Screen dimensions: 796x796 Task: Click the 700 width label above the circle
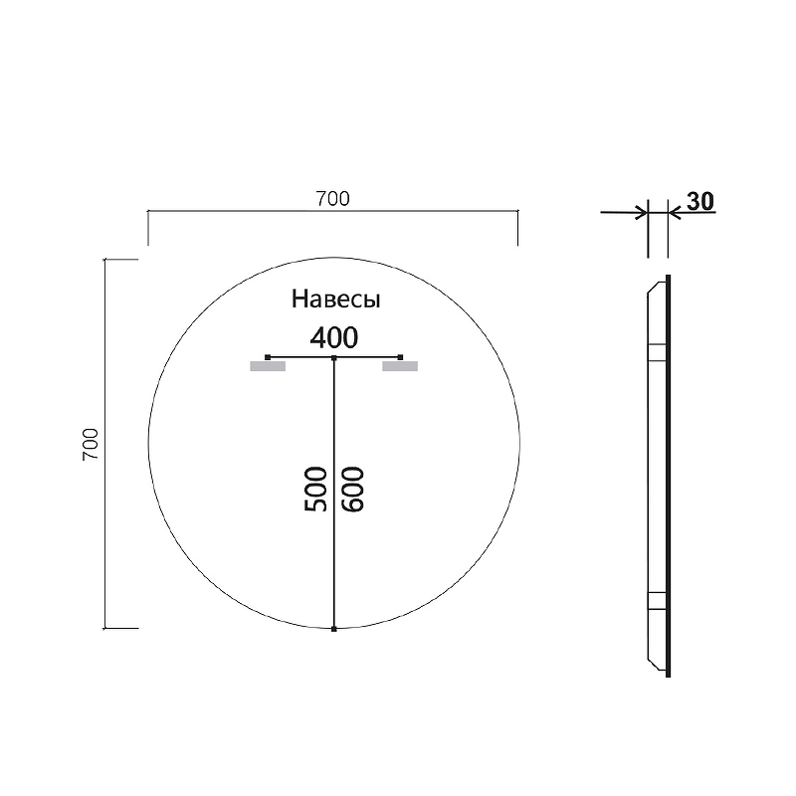pyautogui.click(x=332, y=199)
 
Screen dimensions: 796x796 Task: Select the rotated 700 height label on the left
pyautogui.click(x=90, y=444)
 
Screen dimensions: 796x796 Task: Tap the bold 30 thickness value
pyautogui.click(x=700, y=200)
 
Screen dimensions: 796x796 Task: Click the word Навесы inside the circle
pyautogui.click(x=336, y=298)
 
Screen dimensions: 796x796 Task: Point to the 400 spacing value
pyautogui.click(x=333, y=337)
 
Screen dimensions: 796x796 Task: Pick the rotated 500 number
pyautogui.click(x=315, y=489)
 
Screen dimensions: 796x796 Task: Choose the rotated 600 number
pyautogui.click(x=353, y=489)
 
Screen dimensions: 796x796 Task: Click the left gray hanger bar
pyautogui.click(x=268, y=366)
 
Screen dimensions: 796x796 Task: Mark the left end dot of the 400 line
pyautogui.click(x=268, y=355)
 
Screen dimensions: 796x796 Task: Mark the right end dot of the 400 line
pyautogui.click(x=400, y=355)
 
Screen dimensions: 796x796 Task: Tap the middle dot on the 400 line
pyautogui.click(x=334, y=356)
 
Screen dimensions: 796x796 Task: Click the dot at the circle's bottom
pyautogui.click(x=334, y=629)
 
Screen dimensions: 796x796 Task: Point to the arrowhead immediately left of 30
pyautogui.click(x=675, y=211)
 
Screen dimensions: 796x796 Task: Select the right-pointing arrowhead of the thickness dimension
pyautogui.click(x=641, y=211)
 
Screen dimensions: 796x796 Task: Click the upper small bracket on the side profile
pyautogui.click(x=657, y=351)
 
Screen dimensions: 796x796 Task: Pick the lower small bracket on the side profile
pyautogui.click(x=657, y=600)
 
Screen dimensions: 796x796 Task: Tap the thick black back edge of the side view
pyautogui.click(x=669, y=476)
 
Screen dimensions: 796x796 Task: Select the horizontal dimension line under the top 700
pyautogui.click(x=332, y=212)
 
